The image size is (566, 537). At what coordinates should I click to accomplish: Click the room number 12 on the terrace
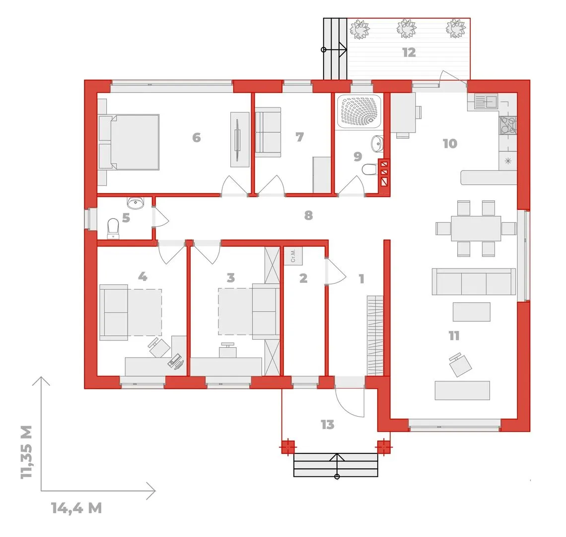click(409, 52)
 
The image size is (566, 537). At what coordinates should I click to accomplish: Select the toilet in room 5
click(113, 229)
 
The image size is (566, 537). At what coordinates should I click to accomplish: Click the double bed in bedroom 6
click(129, 142)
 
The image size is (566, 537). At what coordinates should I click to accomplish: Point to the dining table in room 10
click(476, 229)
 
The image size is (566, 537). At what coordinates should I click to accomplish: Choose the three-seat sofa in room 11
click(474, 282)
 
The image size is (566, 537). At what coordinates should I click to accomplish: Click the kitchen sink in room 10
click(486, 101)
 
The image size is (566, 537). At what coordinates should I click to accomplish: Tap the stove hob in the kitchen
click(508, 125)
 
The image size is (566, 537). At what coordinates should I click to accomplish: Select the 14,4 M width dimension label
click(76, 508)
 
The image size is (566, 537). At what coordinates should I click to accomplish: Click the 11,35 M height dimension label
click(27, 451)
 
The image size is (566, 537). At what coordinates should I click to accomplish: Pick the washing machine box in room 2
click(293, 256)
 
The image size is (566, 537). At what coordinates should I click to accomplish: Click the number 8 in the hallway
click(308, 215)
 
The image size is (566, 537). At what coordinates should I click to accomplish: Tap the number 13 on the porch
click(327, 424)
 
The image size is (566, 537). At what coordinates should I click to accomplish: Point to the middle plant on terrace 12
click(407, 28)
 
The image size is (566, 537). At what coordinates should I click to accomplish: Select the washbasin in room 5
click(136, 203)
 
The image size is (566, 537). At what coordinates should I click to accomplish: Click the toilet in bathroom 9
click(369, 169)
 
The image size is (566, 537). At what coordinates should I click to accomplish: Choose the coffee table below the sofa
click(472, 312)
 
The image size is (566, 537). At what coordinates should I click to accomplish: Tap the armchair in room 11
click(460, 364)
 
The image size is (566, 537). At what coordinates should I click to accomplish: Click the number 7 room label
click(299, 137)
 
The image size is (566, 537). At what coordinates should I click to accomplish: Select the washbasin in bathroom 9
click(377, 144)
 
